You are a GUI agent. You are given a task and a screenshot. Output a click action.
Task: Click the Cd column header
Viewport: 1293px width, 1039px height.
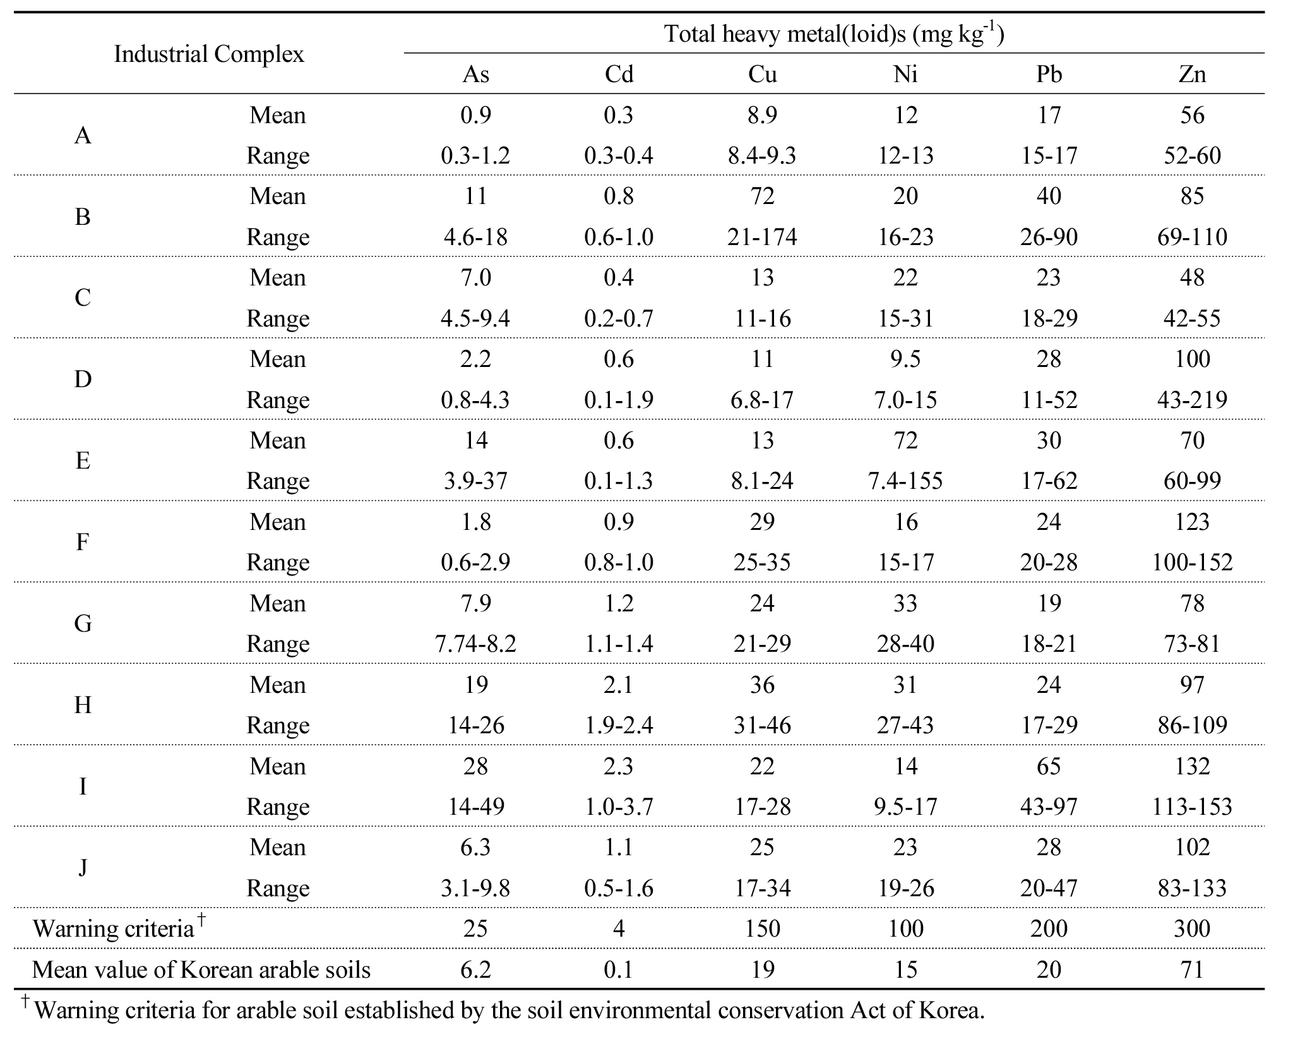tap(619, 75)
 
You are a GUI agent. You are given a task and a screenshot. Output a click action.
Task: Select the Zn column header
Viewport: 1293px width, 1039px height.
tap(1192, 75)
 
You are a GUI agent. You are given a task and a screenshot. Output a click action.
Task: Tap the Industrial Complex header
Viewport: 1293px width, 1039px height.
tap(208, 54)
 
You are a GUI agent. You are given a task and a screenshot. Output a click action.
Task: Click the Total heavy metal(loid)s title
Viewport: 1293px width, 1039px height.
tap(833, 33)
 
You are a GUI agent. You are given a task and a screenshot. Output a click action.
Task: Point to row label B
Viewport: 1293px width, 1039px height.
tap(83, 217)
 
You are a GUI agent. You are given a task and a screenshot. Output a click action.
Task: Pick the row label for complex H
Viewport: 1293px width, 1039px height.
tap(83, 705)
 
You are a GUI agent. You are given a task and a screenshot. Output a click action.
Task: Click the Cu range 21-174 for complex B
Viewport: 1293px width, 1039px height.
tap(762, 237)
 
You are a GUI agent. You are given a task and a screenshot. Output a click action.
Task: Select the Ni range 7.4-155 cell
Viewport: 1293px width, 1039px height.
tap(905, 481)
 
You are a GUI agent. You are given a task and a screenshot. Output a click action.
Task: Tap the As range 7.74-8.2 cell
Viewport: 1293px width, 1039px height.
tap(475, 644)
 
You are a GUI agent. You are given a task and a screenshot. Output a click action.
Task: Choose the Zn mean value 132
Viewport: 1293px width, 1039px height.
tap(1192, 766)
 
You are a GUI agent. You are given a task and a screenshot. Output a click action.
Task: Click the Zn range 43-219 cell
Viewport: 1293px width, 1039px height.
tap(1192, 400)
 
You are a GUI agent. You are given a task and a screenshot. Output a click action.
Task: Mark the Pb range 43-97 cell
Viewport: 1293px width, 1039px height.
tap(1049, 807)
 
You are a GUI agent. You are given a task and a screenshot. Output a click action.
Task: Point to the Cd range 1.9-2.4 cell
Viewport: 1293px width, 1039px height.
tap(619, 725)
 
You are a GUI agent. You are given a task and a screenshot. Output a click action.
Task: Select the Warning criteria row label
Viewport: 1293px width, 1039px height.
tap(114, 928)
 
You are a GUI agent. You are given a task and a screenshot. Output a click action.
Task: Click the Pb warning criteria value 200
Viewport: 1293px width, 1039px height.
tap(1049, 928)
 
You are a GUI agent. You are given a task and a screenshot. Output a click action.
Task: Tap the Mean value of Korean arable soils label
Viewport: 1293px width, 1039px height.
tap(201, 970)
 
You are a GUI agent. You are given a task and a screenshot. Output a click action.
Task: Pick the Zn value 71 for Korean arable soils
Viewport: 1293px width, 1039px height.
tap(1192, 970)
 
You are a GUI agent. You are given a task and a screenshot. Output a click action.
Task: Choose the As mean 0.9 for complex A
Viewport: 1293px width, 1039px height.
tap(475, 115)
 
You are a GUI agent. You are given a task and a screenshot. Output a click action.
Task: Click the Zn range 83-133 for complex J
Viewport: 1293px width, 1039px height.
tap(1192, 888)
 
